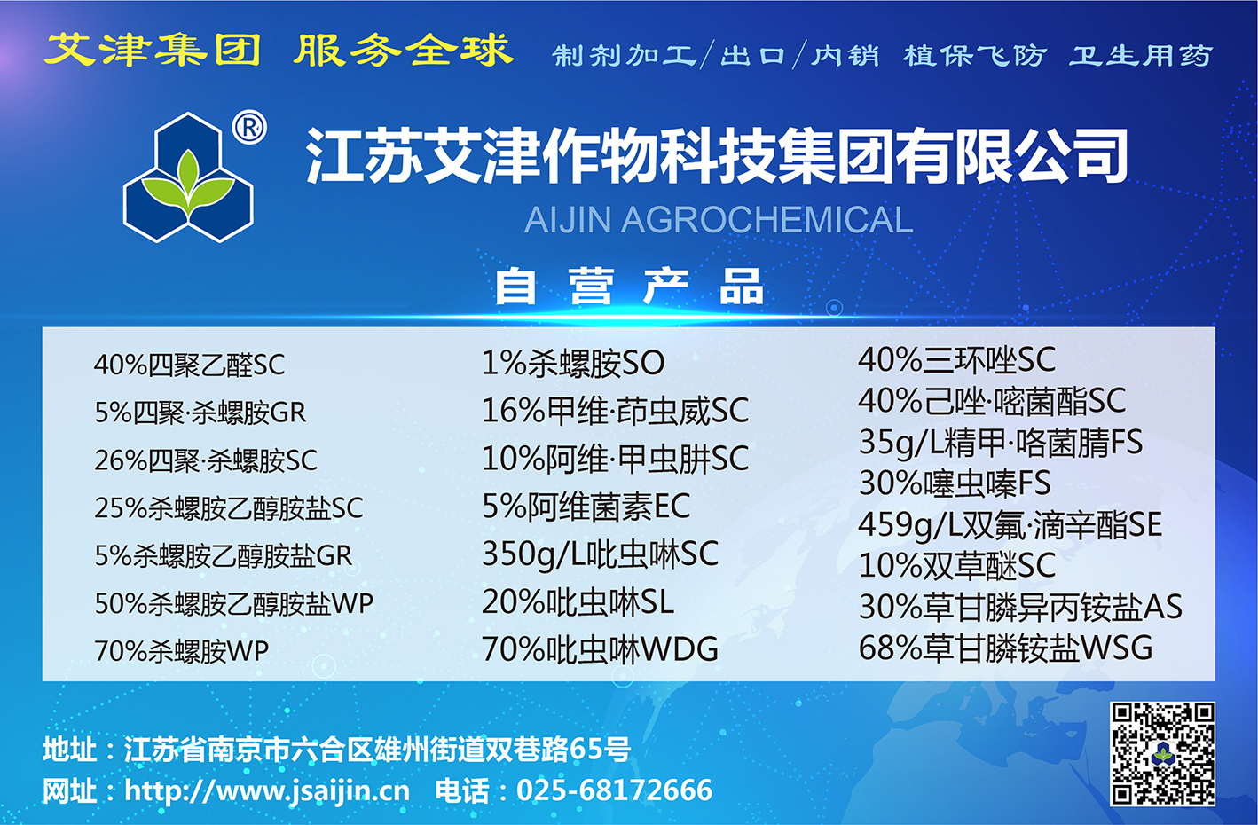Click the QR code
point(1162,754)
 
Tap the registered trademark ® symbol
point(249,128)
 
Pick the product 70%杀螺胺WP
point(181,651)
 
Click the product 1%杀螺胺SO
point(573,363)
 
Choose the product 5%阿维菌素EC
point(586,506)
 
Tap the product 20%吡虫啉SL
point(578,602)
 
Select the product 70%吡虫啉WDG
point(600,649)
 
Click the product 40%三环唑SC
point(957,360)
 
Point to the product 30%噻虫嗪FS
point(955,483)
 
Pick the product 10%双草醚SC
point(957,565)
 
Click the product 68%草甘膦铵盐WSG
point(1005,648)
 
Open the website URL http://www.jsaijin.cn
point(267,790)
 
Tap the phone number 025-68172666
point(614,790)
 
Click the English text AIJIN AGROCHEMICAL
point(719,220)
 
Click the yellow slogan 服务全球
point(404,51)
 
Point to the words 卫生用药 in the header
point(1141,56)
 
